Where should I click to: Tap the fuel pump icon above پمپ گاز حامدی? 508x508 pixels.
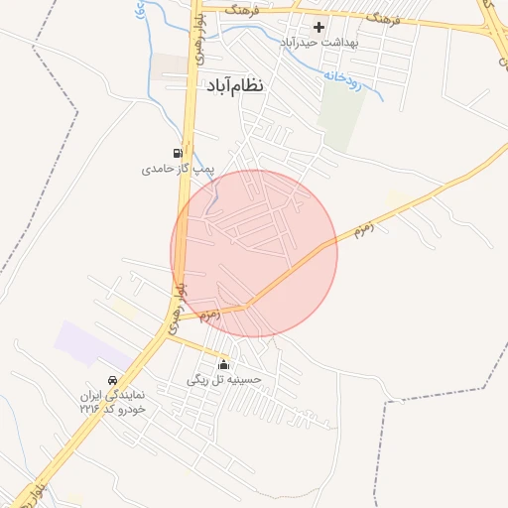(x=177, y=154)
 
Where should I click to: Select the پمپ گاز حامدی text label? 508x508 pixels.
(x=177, y=170)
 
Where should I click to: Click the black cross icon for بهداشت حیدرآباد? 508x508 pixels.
(x=318, y=27)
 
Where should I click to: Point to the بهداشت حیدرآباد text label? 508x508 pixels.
(x=317, y=43)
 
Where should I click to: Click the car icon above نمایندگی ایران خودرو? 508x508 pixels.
(x=112, y=380)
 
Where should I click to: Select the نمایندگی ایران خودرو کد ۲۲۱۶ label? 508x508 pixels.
(x=113, y=402)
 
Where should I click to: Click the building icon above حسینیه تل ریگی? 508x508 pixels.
(x=223, y=364)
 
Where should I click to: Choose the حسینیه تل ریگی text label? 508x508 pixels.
(x=223, y=379)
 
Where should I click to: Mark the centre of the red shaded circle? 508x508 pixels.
(x=254, y=253)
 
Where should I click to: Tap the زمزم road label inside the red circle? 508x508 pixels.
(x=209, y=316)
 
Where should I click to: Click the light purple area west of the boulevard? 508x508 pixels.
(x=90, y=342)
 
